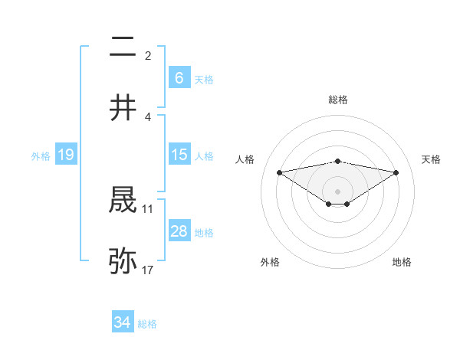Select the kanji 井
(x=123, y=108)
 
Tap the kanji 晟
(x=123, y=201)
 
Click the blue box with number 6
(x=179, y=77)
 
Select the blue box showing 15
(x=179, y=155)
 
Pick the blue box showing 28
(x=179, y=231)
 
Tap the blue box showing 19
(x=65, y=155)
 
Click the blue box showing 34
(x=122, y=322)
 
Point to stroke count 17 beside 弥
(x=148, y=270)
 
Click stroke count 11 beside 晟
(x=148, y=208)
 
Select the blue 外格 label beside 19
(x=41, y=155)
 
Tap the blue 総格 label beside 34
(x=147, y=324)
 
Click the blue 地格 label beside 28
(x=204, y=233)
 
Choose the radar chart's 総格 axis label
(x=338, y=100)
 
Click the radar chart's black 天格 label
(x=432, y=159)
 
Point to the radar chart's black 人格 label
(x=246, y=159)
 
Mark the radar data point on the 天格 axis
(x=396, y=172)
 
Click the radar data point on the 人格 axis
(x=279, y=172)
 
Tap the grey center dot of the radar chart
(x=338, y=191)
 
